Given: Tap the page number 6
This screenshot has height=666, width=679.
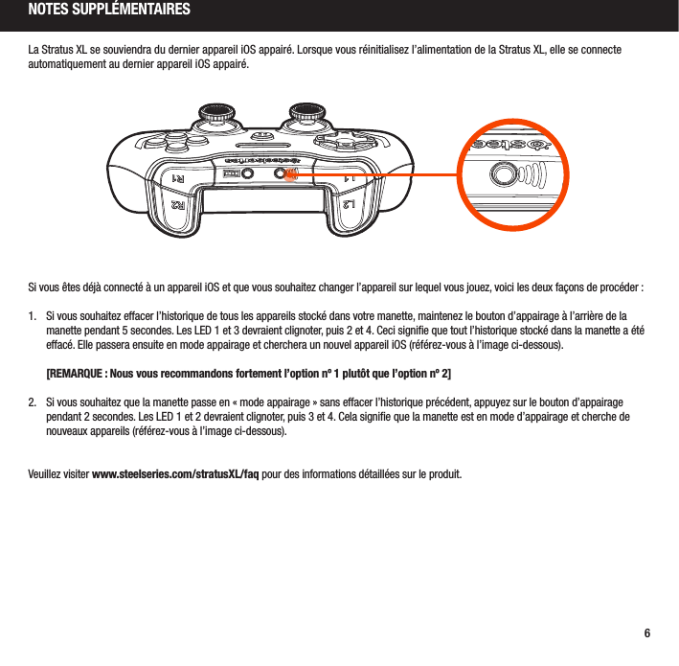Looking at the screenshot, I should [x=647, y=633].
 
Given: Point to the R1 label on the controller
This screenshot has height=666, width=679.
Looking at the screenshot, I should [x=178, y=179].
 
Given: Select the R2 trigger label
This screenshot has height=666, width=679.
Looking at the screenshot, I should [x=178, y=204].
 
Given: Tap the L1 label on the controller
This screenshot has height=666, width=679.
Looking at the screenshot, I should [x=352, y=179].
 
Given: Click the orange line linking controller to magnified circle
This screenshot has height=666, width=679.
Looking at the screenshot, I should [x=383, y=174].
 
